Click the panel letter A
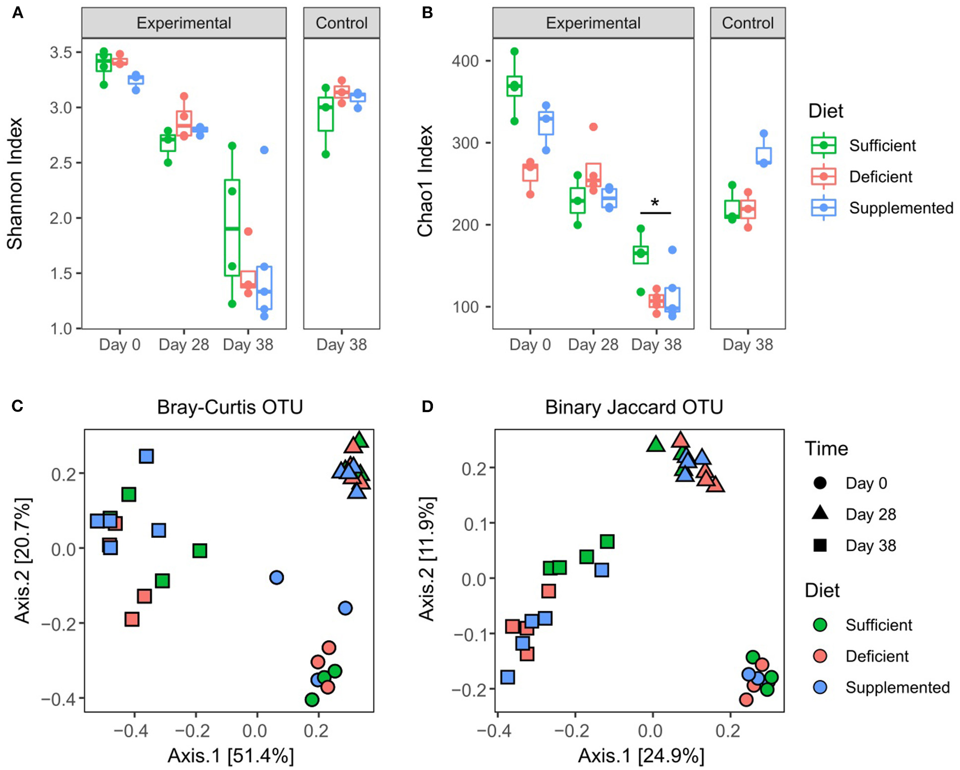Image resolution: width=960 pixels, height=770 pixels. (18, 13)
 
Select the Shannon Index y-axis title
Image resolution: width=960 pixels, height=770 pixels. (15, 183)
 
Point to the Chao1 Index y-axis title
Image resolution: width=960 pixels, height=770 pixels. (425, 181)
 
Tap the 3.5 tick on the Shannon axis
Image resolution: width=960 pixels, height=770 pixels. (61, 53)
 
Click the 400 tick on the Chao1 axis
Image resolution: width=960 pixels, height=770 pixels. (465, 61)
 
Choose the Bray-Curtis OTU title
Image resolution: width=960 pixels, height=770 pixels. (230, 407)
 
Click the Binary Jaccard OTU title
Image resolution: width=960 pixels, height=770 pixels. (634, 407)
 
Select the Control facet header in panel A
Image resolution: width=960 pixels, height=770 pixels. (341, 23)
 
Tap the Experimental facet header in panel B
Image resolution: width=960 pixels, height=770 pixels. (593, 23)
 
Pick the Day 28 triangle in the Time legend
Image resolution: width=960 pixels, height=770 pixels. (820, 513)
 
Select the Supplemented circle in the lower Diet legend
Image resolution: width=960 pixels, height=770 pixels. (820, 687)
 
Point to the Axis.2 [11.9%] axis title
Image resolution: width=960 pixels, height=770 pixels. (426, 559)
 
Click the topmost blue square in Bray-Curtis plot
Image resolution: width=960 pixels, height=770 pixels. (146, 456)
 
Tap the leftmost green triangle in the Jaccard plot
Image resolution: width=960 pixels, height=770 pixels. (656, 444)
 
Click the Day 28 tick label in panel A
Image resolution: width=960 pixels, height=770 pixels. (183, 345)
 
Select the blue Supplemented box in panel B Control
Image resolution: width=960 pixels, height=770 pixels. (764, 155)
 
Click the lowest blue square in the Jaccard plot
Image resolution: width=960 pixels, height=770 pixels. (507, 677)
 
